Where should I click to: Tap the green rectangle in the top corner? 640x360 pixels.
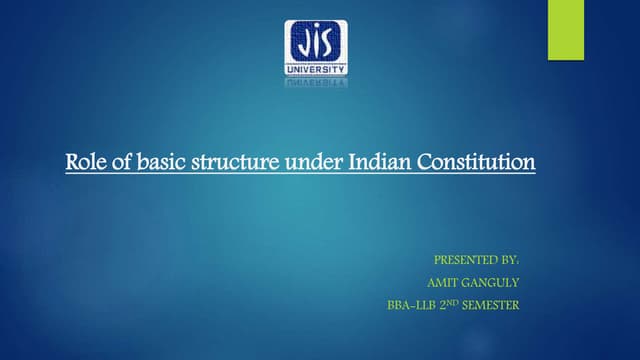pyautogui.click(x=566, y=29)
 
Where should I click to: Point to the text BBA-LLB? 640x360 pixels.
pyautogui.click(x=409, y=305)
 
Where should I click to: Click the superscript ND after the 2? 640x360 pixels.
pyautogui.click(x=453, y=302)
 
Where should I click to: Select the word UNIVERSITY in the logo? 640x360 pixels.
pyautogui.click(x=318, y=69)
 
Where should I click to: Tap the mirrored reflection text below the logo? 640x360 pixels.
pyautogui.click(x=318, y=83)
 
